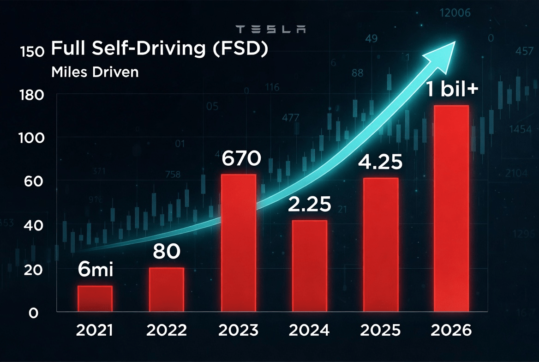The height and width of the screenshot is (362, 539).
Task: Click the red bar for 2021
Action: [x=95, y=299]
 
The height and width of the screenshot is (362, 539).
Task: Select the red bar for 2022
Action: [x=166, y=290]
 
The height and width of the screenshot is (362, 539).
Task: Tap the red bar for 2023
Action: [x=239, y=243]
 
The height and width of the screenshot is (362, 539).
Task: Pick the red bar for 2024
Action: [x=310, y=266]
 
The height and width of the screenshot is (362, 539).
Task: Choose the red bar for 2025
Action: [x=381, y=245]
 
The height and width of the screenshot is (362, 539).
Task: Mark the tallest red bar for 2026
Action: [x=451, y=208]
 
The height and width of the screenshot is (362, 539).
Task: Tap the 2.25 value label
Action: [x=309, y=204]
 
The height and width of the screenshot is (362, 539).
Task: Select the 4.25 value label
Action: [x=381, y=163]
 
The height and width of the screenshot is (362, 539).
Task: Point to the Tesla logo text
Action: [x=270, y=30]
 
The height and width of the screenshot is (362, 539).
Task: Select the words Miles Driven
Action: [x=95, y=72]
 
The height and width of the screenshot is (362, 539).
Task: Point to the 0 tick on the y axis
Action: [x=33, y=313]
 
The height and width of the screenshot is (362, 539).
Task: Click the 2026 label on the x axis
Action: [x=451, y=331]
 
